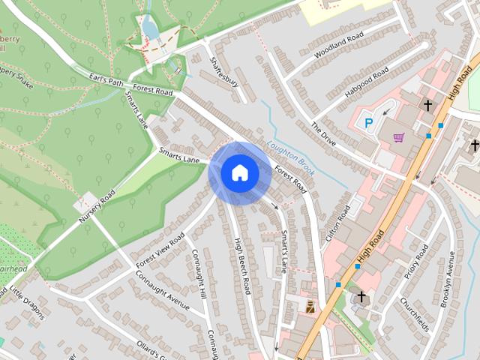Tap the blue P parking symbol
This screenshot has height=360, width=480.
pyautogui.click(x=368, y=122)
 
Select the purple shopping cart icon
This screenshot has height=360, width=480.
pyautogui.click(x=398, y=137)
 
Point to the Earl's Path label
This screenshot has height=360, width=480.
pyautogui.click(x=104, y=81)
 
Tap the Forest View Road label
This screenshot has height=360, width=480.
pyautogui.click(x=160, y=252)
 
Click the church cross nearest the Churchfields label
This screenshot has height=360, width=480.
pyautogui.click(x=361, y=297)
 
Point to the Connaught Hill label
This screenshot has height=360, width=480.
pyautogui.click(x=198, y=273)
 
